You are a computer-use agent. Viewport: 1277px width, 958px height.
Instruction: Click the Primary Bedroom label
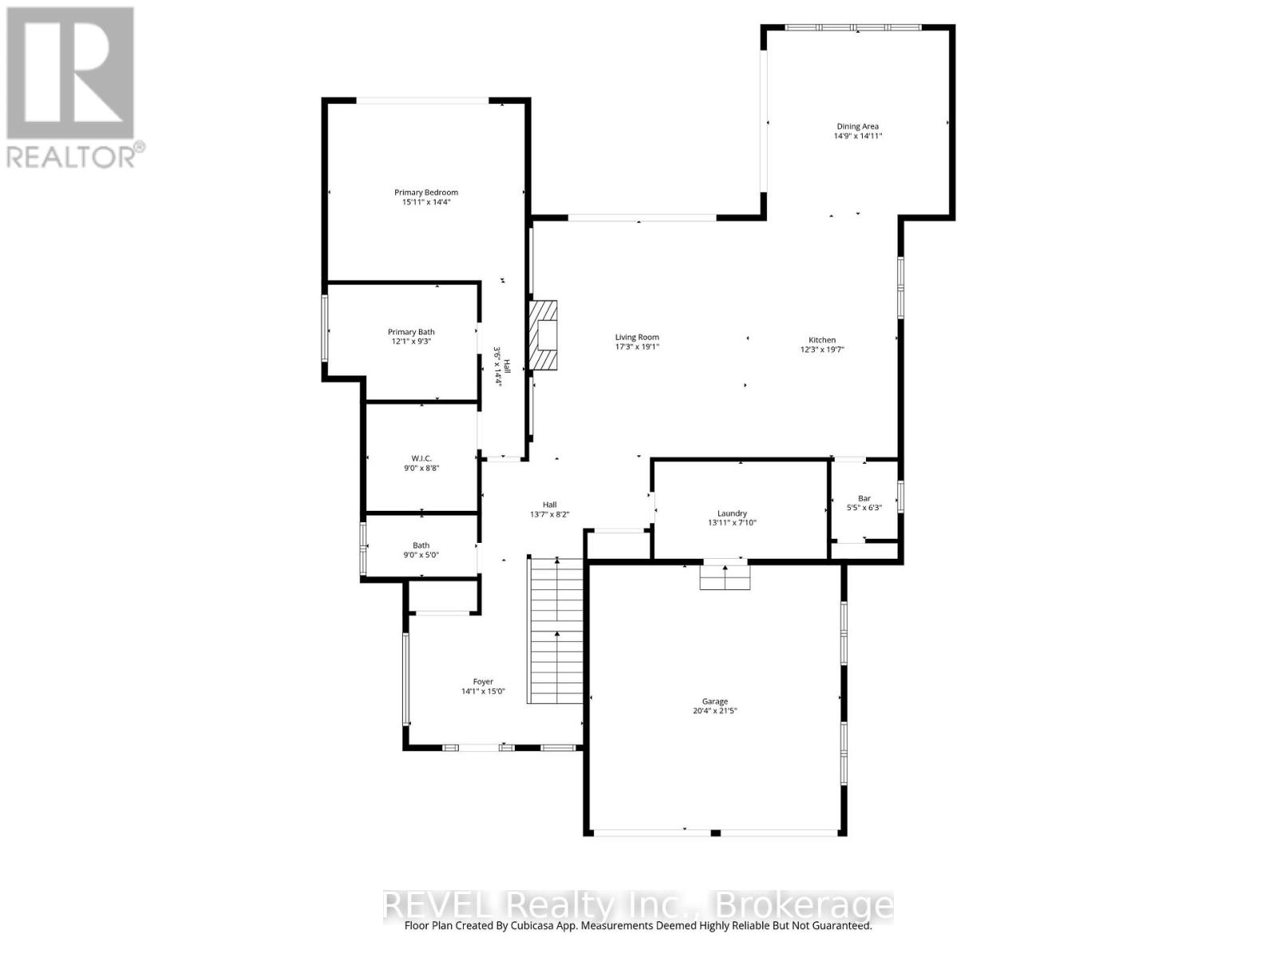426,192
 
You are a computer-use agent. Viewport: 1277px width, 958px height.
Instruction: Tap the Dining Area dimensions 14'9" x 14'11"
858,137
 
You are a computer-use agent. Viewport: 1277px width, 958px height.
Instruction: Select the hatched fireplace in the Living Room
544,335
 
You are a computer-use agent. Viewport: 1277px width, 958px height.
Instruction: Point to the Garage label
714,702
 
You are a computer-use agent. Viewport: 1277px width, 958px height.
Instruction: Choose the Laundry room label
732,513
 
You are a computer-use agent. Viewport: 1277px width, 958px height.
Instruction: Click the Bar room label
864,498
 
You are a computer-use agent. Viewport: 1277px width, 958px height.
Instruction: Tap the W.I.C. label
421,458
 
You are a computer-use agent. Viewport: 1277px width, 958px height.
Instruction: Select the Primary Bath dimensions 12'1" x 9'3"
411,342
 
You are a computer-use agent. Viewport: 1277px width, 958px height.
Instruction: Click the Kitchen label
822,340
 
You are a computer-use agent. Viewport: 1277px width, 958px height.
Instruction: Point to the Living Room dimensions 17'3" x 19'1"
637,347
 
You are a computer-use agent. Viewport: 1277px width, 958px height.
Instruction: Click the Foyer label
483,682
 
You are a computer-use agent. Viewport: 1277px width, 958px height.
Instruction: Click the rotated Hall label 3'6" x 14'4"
500,366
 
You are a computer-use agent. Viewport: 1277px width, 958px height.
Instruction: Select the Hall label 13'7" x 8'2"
549,509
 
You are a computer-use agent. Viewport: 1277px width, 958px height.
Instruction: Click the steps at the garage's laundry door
725,577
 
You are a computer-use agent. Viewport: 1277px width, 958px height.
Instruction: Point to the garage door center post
716,833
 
